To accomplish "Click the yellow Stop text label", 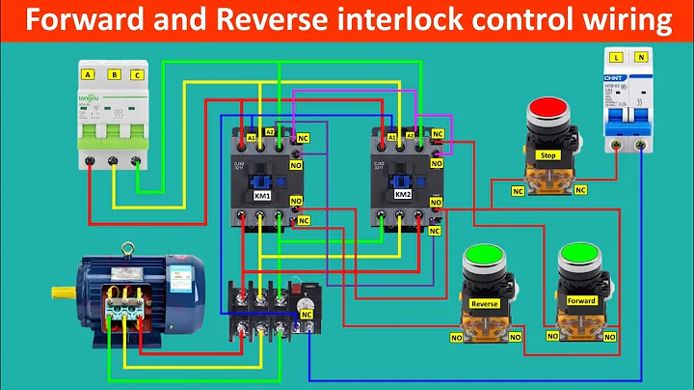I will pyautogui.click(x=547, y=154).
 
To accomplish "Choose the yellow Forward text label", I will pyautogui.click(x=581, y=300).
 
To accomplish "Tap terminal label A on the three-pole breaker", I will pyautogui.click(x=88, y=74).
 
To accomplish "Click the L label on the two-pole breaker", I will pyautogui.click(x=616, y=59).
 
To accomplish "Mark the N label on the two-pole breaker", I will pyautogui.click(x=643, y=59).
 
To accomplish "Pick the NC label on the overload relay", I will pyautogui.click(x=307, y=315).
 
